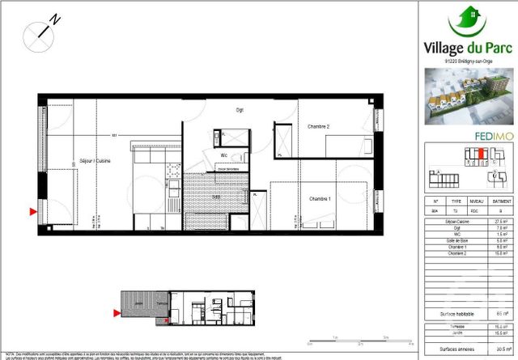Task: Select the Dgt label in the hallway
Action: [240, 110]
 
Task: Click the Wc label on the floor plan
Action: [223, 155]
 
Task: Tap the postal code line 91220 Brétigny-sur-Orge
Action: [469, 59]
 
